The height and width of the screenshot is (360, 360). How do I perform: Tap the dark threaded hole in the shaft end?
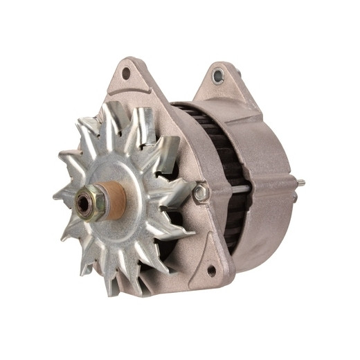click(84, 203)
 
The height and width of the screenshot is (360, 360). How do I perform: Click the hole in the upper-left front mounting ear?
click(126, 72)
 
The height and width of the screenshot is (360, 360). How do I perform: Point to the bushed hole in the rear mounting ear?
click(219, 75)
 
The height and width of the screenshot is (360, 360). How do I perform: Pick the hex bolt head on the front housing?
click(201, 192)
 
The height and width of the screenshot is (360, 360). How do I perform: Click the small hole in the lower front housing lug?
click(210, 271)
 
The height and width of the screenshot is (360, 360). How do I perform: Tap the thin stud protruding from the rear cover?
click(300, 183)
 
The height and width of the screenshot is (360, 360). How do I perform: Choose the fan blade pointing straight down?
click(111, 280)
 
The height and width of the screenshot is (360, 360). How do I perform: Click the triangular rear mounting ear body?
click(222, 87)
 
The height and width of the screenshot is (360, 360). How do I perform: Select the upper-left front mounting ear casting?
click(135, 80)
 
